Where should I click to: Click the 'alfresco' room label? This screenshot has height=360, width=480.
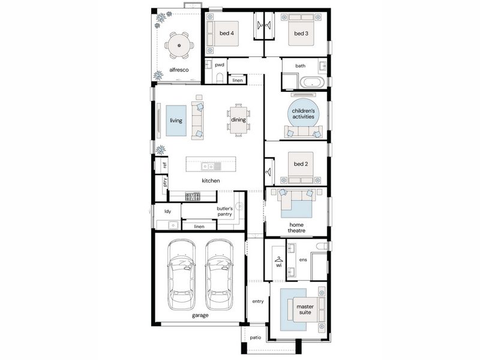click(179, 70)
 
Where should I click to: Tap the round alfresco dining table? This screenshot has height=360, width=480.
click(179, 46)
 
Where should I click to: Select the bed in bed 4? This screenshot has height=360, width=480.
click(223, 34)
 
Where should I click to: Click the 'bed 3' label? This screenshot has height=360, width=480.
click(301, 34)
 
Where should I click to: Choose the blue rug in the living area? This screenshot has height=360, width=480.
click(176, 121)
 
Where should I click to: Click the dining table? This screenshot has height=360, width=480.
click(238, 120)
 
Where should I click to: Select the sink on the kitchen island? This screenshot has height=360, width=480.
click(207, 166)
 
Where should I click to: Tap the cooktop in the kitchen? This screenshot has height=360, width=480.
click(193, 196)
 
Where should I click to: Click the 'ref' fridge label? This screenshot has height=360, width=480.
click(164, 165)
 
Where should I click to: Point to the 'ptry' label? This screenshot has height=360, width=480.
click(165, 182)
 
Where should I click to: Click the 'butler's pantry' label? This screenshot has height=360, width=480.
click(224, 211)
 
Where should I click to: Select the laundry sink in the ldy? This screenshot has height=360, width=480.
click(173, 226)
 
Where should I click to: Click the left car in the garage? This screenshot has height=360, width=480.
click(182, 274)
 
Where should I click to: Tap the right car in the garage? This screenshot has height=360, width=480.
click(219, 274)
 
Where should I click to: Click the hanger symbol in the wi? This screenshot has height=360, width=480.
click(278, 259)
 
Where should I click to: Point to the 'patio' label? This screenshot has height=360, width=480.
click(256, 337)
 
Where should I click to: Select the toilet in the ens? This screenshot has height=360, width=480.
click(322, 246)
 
